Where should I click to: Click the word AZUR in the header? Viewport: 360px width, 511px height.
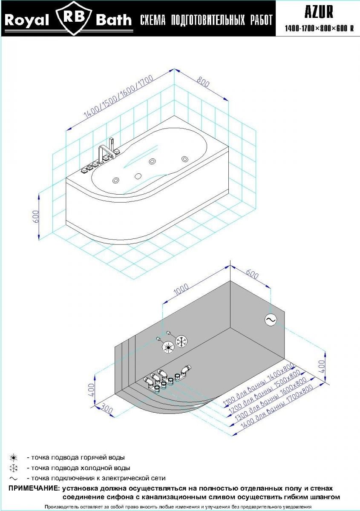[x=319, y=12]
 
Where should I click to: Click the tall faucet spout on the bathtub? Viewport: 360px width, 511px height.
[x=111, y=146]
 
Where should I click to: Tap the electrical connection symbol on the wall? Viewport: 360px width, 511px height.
[x=271, y=319]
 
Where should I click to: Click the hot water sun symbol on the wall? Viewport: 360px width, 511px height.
[x=169, y=347]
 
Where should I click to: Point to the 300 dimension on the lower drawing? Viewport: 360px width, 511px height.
[x=108, y=411]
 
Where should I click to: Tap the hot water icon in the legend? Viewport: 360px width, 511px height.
[x=14, y=458]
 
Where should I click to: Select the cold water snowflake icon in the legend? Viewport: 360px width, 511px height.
[x=14, y=468]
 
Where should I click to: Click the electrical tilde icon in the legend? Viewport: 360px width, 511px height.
[x=14, y=478]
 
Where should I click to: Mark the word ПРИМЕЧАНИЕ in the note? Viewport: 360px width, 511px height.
[x=34, y=488]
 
